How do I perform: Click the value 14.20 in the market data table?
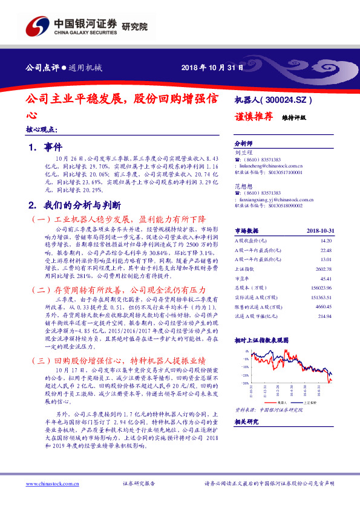click(326, 241)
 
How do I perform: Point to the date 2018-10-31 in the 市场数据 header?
click(319, 230)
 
